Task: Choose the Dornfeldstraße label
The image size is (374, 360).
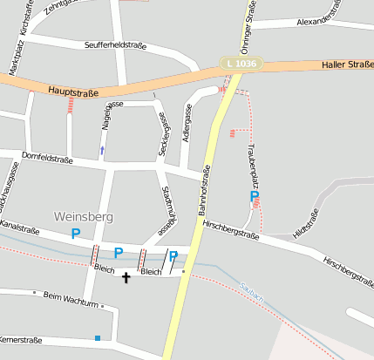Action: tap(46, 160)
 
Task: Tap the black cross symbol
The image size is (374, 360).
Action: tap(126, 278)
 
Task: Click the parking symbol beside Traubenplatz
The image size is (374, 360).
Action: tap(255, 197)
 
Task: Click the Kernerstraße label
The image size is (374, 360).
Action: tap(22, 337)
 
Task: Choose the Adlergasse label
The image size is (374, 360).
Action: tap(186, 124)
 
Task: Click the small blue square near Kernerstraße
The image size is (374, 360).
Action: tap(98, 337)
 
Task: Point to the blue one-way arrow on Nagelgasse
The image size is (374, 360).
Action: tap(102, 151)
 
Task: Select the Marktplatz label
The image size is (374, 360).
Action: tap(14, 58)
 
